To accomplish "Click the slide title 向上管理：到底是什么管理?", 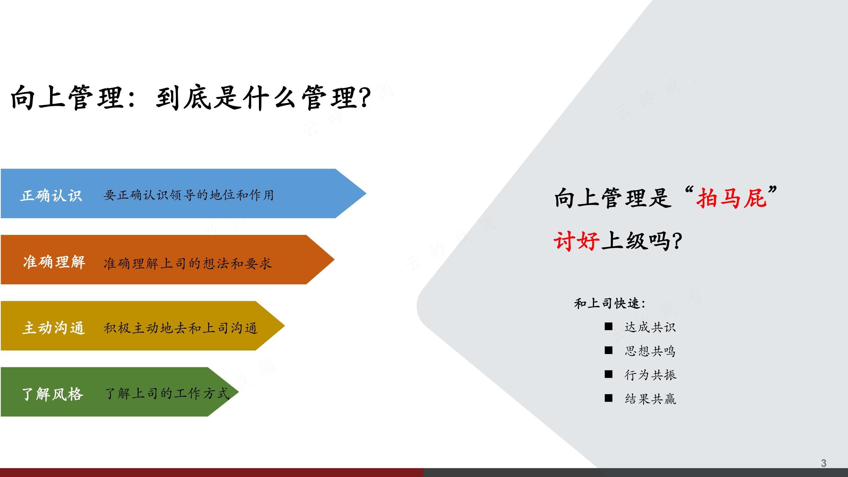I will pyautogui.click(x=191, y=97).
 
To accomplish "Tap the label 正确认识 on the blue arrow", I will pyautogui.click(x=51, y=196).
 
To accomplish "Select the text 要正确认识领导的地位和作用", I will pyautogui.click(x=189, y=195).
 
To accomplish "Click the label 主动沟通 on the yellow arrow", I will pyautogui.click(x=54, y=328).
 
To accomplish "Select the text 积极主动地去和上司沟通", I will pyautogui.click(x=180, y=328).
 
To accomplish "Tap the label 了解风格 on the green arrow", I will pyautogui.click(x=53, y=394).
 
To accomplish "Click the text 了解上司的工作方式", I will pyautogui.click(x=167, y=393).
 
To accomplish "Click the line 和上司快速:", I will pyautogui.click(x=609, y=303).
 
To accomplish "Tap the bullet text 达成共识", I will pyautogui.click(x=650, y=327).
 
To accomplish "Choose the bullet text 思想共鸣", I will pyautogui.click(x=650, y=351).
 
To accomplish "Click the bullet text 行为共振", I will pyautogui.click(x=650, y=375).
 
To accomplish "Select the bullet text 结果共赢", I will pyautogui.click(x=650, y=399).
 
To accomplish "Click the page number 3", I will pyautogui.click(x=823, y=463).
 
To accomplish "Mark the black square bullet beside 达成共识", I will pyautogui.click(x=608, y=326).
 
